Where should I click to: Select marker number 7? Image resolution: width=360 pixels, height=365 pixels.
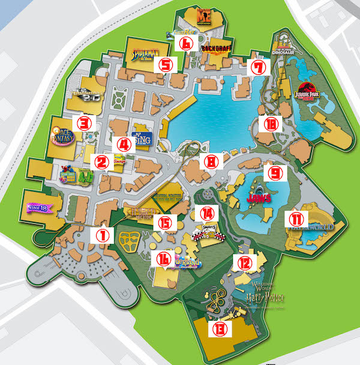tap(258, 67)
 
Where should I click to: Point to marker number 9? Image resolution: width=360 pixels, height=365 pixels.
tap(275, 173)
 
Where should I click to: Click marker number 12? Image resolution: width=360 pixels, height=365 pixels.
tap(245, 262)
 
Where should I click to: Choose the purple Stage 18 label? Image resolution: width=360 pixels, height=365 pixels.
tap(38, 207)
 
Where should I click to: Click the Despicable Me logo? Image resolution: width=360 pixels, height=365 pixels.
tap(205, 16)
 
